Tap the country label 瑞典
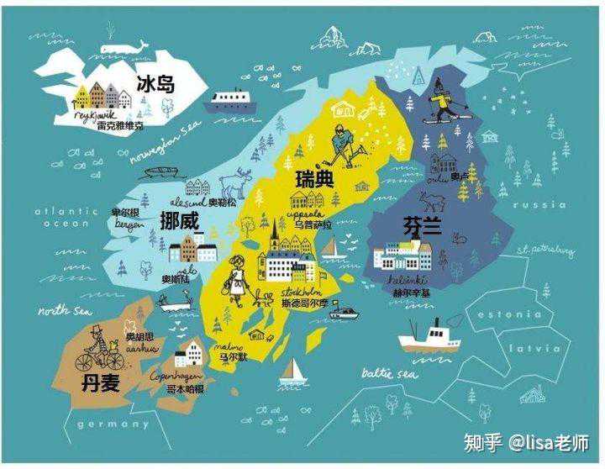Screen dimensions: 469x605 314,179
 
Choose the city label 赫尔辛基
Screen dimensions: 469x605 411,292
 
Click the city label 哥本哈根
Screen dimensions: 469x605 184,389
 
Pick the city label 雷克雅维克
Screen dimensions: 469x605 120,125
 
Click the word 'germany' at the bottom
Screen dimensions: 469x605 113,424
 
